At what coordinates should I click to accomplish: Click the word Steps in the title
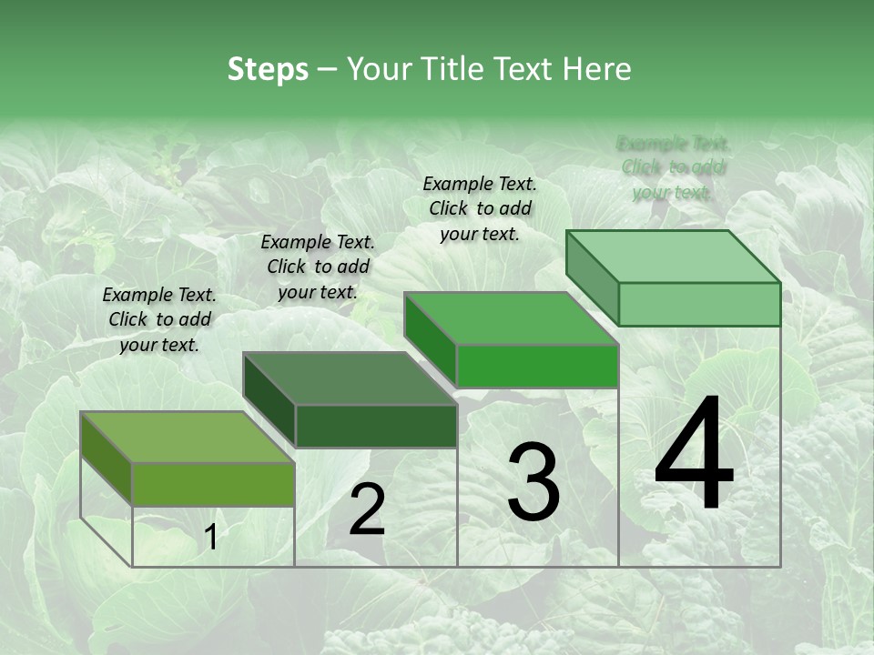coord(267,69)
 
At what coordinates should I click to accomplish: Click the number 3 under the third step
coord(534,482)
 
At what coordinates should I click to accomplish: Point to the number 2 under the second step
coord(367,509)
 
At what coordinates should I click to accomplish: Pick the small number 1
coord(210,539)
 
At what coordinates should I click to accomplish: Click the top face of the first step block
coord(187,437)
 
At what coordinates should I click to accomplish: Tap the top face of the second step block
coord(350,378)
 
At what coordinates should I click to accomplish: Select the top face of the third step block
coord(511,318)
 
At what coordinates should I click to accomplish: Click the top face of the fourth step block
coord(673,256)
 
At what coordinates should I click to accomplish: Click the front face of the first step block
coord(213,484)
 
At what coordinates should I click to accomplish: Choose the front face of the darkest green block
coord(376,426)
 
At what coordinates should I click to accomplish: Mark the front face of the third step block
coord(537,366)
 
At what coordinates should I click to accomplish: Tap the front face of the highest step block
coord(699,304)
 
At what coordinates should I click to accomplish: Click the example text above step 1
coord(159,319)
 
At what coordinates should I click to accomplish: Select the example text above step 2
coord(318,267)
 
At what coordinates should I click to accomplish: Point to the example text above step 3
coord(480,208)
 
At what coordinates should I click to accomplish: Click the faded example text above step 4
coord(673,167)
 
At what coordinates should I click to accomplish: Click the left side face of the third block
coord(430,338)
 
